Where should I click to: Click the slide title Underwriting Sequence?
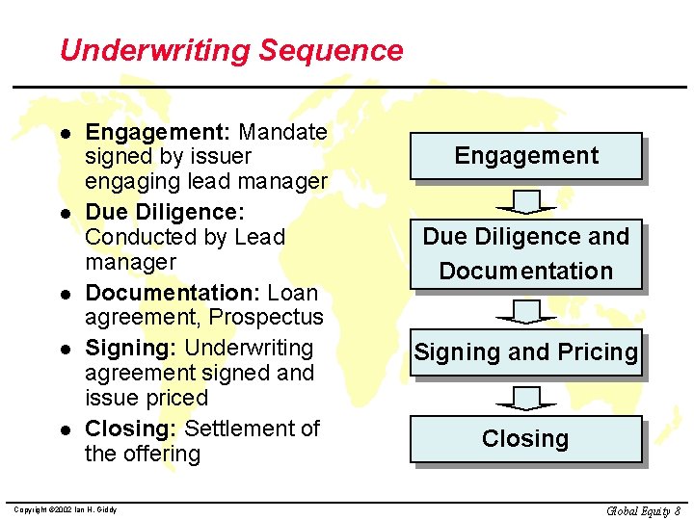231,50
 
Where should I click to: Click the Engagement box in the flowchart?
526,156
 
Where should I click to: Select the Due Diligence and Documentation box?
526,253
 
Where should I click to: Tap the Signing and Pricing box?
526,352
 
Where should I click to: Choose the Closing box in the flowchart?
526,439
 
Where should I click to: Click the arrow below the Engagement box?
526,201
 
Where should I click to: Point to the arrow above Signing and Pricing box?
526,312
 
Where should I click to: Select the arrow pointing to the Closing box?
526,397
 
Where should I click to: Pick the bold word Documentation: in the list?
173,293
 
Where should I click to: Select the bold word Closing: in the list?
131,429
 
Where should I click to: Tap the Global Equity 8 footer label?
644,510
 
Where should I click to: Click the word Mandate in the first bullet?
282,132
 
